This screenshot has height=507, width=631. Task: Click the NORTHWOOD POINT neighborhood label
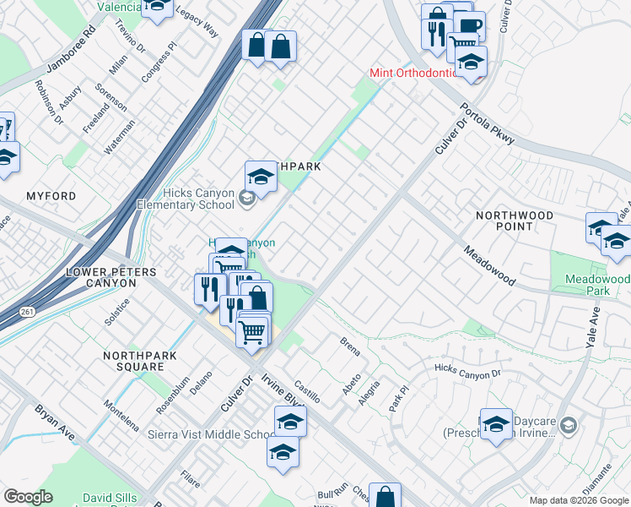515,221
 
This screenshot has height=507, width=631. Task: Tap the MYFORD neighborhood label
51,196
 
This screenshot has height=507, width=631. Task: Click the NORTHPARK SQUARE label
140,361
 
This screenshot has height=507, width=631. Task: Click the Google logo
28,497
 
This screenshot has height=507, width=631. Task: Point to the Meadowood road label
489,266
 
